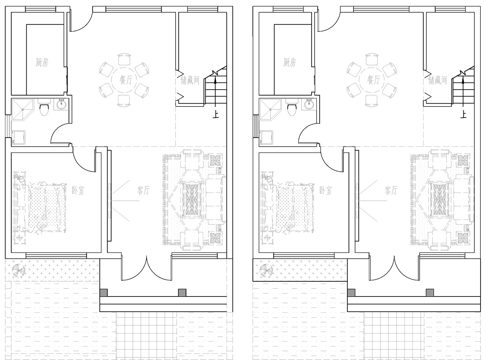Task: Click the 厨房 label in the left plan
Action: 42,62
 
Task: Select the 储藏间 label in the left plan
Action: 190,80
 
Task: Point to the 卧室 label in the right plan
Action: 326,190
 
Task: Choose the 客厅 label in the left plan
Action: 144,190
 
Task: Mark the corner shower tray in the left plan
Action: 23,109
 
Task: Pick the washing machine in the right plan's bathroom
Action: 266,138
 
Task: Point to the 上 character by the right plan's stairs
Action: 463,115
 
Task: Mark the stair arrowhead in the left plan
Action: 215,80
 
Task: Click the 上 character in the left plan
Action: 215,115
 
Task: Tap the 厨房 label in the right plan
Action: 290,62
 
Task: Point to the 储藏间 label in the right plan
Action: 437,80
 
